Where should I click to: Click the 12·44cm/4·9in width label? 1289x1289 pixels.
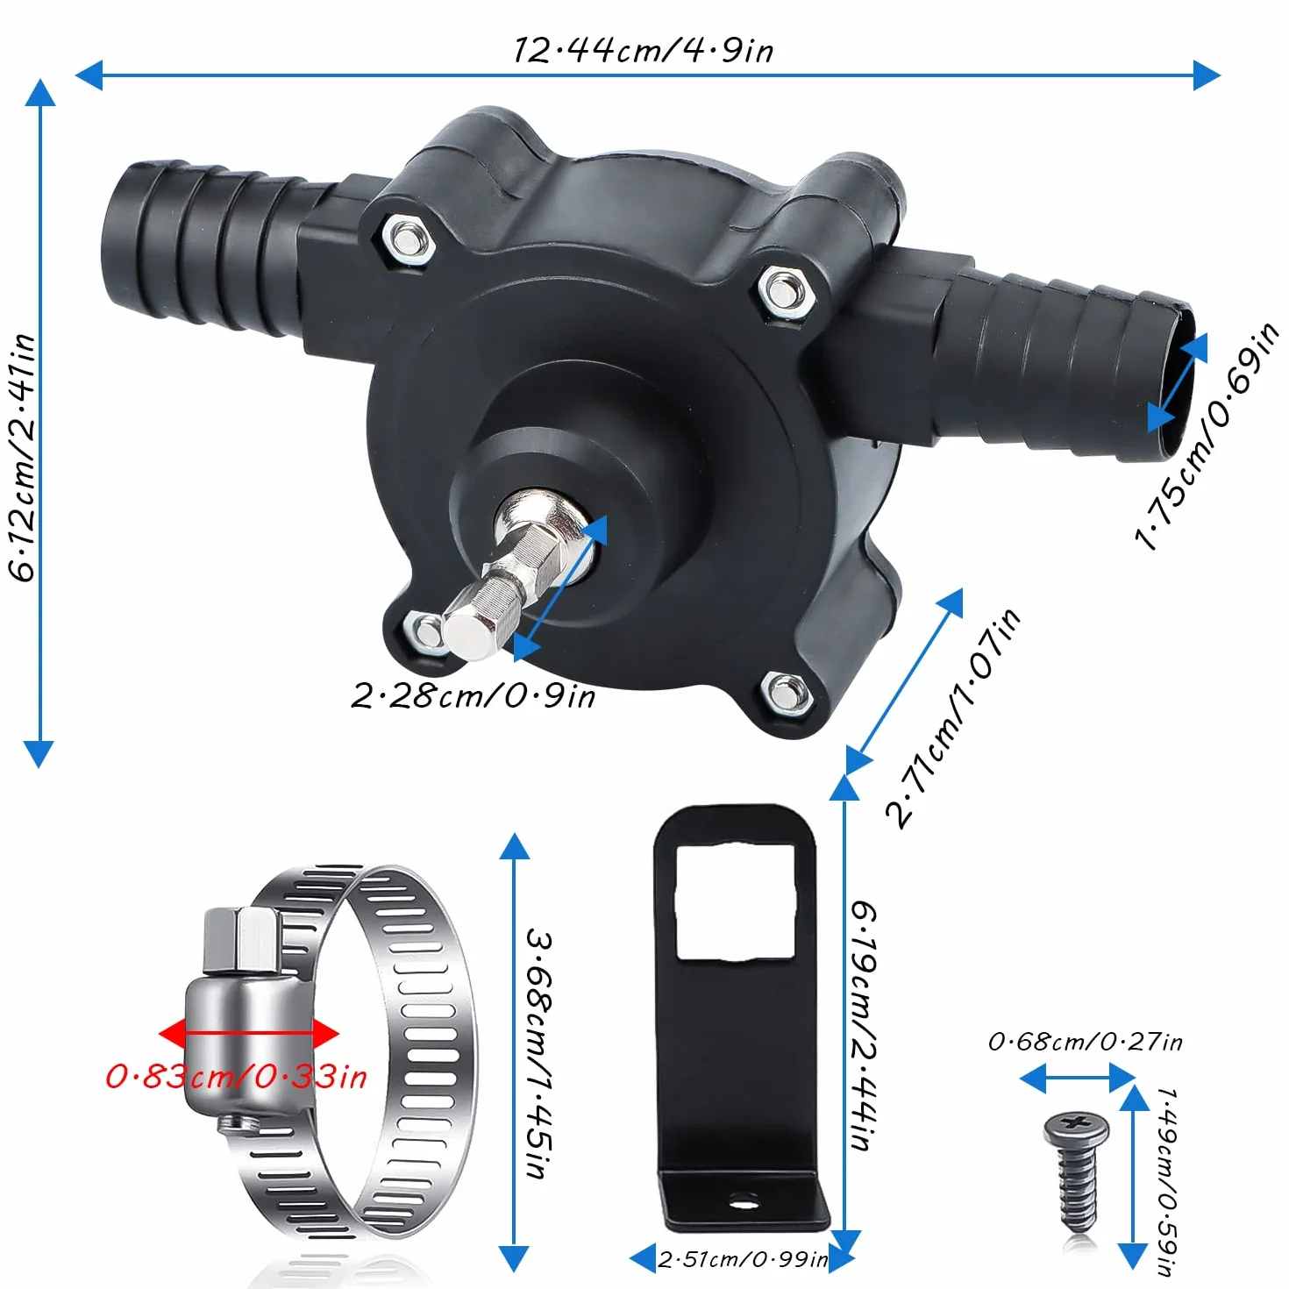tap(643, 51)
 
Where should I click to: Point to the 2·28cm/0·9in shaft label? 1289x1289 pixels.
tap(473, 696)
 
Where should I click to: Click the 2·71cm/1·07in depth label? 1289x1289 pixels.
tap(952, 718)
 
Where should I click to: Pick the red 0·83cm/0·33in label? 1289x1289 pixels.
tap(236, 1077)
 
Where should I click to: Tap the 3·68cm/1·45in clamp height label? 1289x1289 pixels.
tap(540, 1053)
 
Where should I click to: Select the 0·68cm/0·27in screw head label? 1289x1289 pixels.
tap(1085, 1042)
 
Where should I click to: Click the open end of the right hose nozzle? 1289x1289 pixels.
tap(1179, 382)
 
